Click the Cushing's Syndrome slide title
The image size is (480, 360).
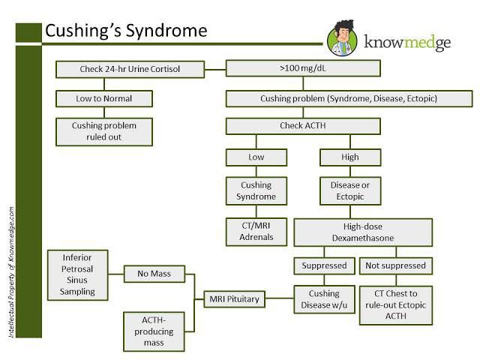(x=125, y=31)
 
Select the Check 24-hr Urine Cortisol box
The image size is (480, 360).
(x=130, y=70)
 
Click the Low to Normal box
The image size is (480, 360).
(x=105, y=98)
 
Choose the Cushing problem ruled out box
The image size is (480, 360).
(x=105, y=132)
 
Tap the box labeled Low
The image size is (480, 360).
(x=256, y=157)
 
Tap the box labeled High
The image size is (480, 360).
(x=349, y=157)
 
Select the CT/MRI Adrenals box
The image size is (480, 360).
(x=256, y=231)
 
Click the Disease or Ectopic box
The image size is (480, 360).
(x=349, y=190)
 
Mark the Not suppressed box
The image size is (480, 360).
(x=394, y=265)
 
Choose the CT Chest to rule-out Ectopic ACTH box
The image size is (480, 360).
(x=394, y=305)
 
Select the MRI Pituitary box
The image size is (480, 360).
(x=233, y=299)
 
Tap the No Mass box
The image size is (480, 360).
(x=153, y=274)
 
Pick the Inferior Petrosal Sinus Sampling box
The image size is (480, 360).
(x=78, y=274)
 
